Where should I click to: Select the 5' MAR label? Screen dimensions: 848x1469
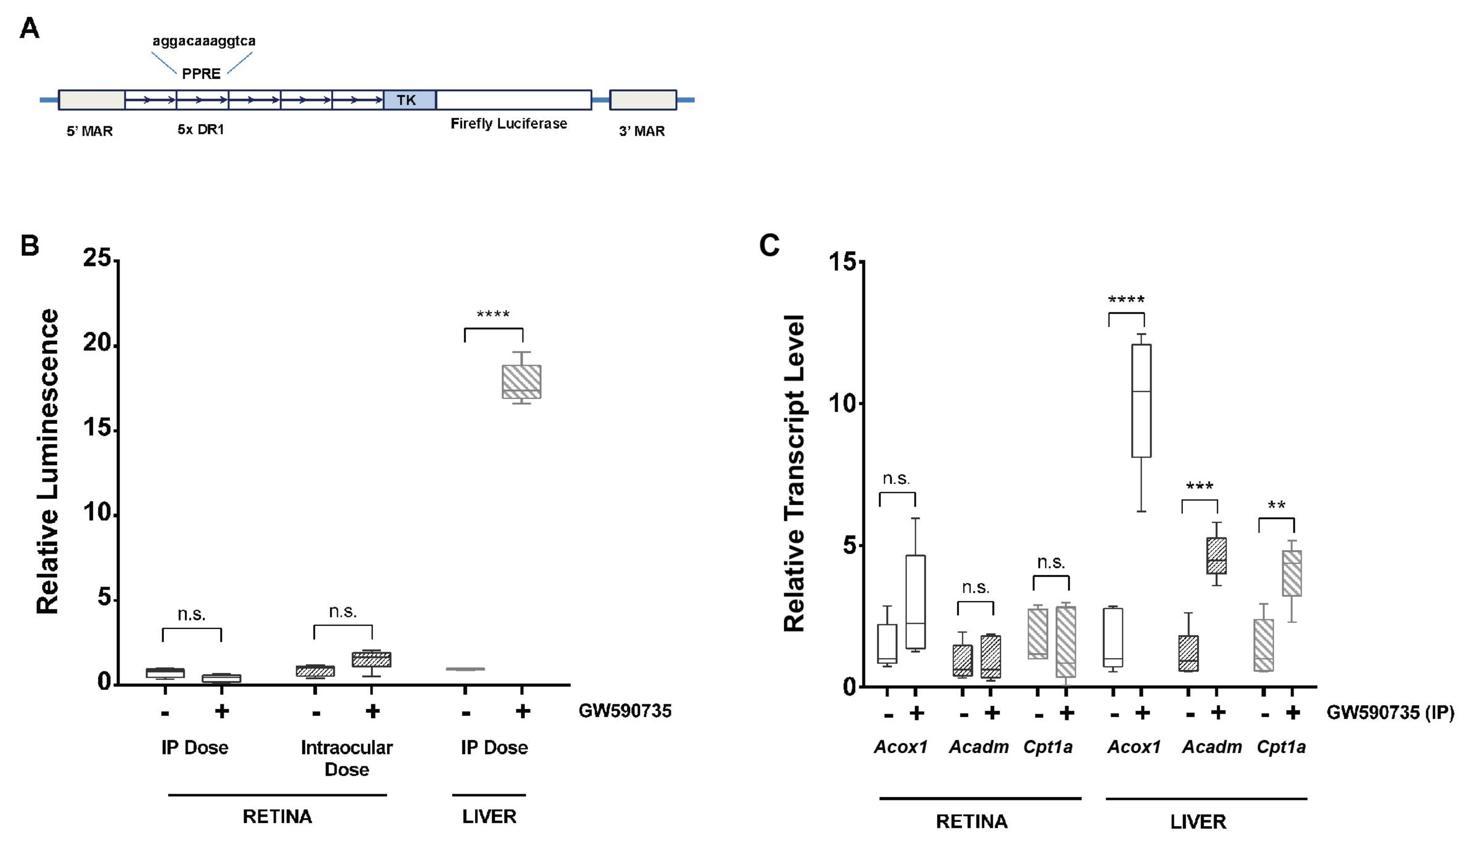(89, 131)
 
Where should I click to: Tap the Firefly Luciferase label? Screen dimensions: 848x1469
(508, 124)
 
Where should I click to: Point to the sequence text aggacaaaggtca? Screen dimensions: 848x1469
(204, 41)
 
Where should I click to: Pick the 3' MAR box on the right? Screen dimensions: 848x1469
(642, 100)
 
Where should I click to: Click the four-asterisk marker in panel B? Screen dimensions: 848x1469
(493, 315)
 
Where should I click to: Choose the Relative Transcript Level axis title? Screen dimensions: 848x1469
(794, 473)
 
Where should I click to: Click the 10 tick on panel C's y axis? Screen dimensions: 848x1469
(842, 403)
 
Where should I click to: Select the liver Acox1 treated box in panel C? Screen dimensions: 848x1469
(1141, 401)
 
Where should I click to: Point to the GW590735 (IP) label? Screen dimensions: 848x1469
(1390, 712)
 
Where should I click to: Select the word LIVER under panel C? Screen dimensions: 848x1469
(1198, 822)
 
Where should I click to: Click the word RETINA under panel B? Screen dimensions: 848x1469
(277, 816)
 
